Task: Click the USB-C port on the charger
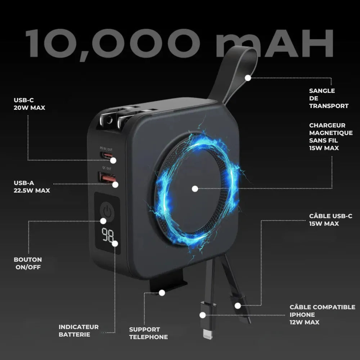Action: (107, 156)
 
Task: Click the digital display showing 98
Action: (107, 236)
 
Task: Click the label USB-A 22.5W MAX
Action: (32, 186)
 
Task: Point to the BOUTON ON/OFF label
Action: (28, 263)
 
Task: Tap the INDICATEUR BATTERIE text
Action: (78, 330)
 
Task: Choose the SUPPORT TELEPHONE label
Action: (148, 333)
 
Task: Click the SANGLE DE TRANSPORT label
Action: (328, 98)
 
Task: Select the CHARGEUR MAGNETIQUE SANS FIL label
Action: (330, 136)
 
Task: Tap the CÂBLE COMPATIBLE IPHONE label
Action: (322, 314)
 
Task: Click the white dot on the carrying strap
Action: (248, 77)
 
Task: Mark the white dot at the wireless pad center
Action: (195, 188)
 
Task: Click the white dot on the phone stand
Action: (162, 292)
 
